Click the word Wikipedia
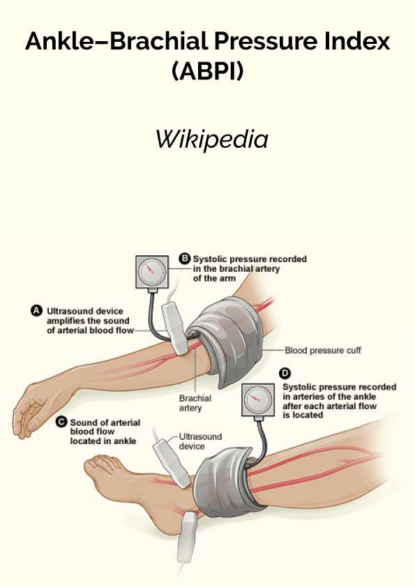pos(212,139)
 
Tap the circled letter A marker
pos(36,311)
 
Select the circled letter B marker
pos(184,259)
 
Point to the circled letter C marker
pos(61,422)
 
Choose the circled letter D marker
pos(285,373)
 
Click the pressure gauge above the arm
pos(151,273)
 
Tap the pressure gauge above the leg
pos(258,400)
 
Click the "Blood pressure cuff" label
pos(323,350)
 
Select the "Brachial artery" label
pos(195,403)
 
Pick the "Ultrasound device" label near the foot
pos(200,441)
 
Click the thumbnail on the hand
pos(32,426)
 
